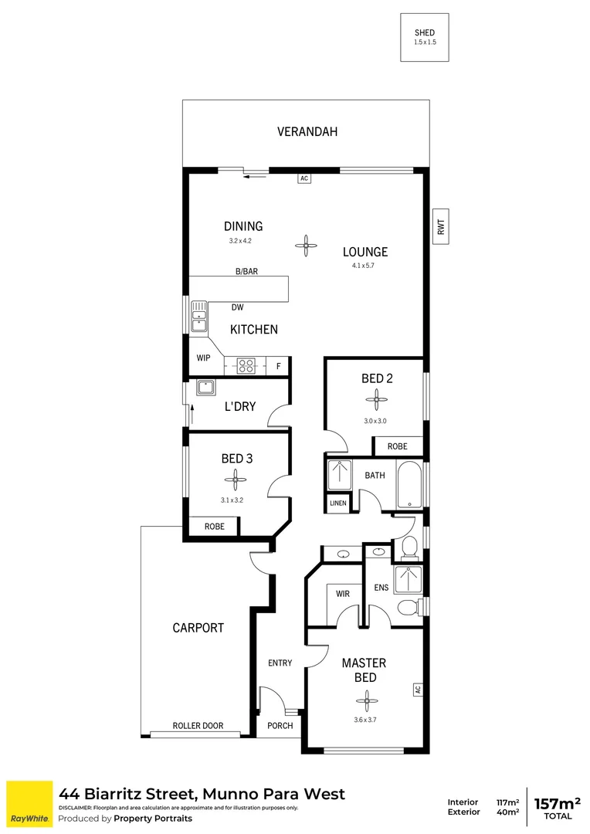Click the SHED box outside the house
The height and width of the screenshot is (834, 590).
coord(424,37)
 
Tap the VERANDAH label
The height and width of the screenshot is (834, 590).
coord(307,132)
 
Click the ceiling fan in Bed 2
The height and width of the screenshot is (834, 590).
coord(376,400)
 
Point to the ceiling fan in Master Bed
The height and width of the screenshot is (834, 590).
coord(365,701)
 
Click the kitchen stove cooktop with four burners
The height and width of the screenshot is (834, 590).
coord(247,366)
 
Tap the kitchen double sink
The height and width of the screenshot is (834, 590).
coord(199,316)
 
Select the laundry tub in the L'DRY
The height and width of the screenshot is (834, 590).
coord(205,388)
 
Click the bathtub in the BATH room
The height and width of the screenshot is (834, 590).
coord(409,484)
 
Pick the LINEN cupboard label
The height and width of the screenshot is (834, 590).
coord(337,503)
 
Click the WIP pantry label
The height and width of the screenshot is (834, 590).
coord(203,358)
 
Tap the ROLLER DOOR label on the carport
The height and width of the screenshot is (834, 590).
coord(198,726)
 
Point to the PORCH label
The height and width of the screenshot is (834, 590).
coord(280,726)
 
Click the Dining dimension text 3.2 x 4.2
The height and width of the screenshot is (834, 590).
coord(240,241)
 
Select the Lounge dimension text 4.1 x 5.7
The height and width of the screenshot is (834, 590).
coord(365,267)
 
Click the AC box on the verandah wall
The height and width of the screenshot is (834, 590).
coord(304,178)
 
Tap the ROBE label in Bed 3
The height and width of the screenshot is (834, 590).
coord(214,527)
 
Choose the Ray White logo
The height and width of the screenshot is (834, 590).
coord(29,803)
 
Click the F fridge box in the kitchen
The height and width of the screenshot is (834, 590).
coord(278,366)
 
